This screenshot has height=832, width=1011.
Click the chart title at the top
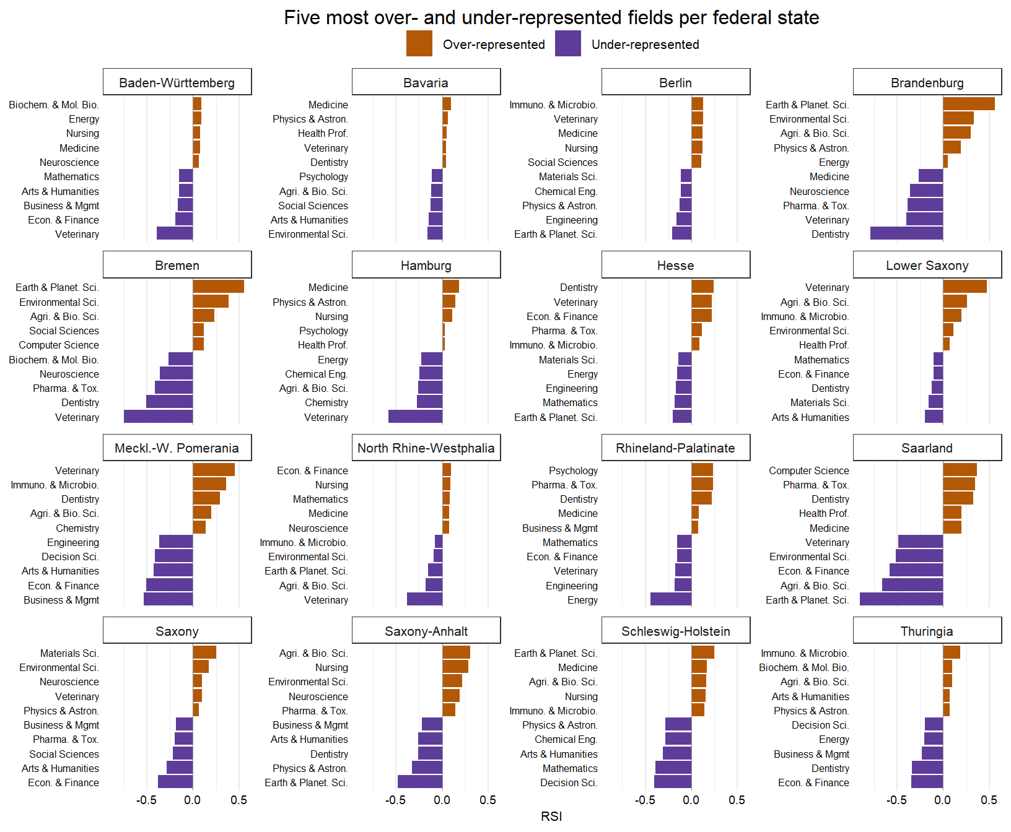click(551, 17)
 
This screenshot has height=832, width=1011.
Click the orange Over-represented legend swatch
click(419, 44)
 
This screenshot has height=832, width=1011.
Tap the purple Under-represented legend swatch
click(568, 44)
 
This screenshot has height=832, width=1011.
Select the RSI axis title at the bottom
click(551, 817)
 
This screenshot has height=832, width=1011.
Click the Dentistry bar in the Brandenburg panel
click(906, 233)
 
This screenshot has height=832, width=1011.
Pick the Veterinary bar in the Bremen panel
click(158, 417)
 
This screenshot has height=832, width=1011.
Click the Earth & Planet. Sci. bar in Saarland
click(901, 599)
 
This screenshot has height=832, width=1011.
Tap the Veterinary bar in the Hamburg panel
click(415, 417)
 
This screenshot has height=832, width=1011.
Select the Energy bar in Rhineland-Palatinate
click(671, 599)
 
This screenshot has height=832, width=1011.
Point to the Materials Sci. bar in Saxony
click(204, 652)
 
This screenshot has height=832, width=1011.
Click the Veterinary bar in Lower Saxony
click(965, 287)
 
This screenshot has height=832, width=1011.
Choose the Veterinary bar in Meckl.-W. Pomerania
click(214, 470)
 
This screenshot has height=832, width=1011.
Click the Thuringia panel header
click(927, 631)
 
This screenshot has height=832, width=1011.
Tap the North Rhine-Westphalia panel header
click(426, 448)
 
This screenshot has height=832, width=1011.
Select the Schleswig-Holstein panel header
click(676, 631)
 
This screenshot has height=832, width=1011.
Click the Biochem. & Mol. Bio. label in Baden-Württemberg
click(54, 105)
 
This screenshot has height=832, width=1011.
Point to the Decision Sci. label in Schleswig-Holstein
click(569, 782)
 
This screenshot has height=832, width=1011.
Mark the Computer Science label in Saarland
click(809, 470)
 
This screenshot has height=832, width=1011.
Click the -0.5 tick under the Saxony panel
click(146, 800)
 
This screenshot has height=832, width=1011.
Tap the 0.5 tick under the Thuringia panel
click(989, 800)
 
